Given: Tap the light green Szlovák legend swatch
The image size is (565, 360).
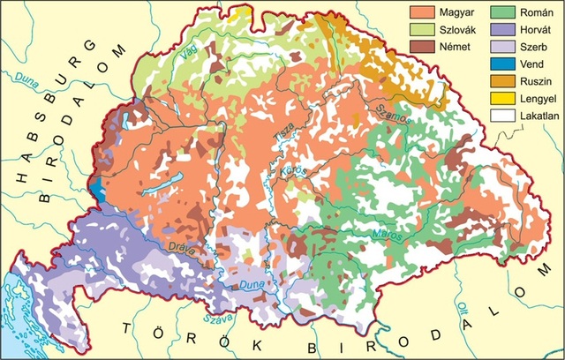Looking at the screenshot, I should click(420, 32).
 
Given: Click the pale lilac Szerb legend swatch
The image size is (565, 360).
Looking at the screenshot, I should click(503, 48).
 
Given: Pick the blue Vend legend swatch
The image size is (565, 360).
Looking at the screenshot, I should click(503, 64).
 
